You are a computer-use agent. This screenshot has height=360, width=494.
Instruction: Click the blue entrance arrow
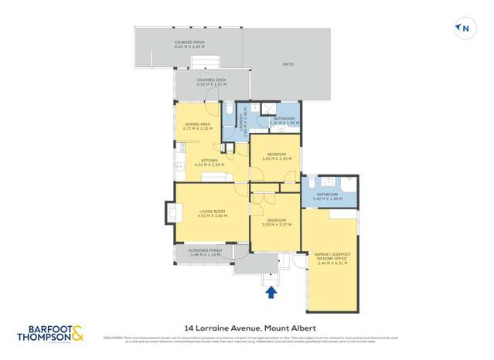pos(271,292)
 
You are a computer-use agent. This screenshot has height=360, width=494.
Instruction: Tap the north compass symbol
pos(465,29)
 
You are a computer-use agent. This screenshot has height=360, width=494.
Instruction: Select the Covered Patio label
pos(189,45)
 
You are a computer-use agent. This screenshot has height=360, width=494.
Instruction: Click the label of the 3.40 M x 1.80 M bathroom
pos(327,196)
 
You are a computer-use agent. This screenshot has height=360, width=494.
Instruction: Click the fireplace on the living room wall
pos(171,211)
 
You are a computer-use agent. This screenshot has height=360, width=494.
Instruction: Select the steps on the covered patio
pos(211,62)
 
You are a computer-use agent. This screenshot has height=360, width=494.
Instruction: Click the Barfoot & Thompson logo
pos(49,334)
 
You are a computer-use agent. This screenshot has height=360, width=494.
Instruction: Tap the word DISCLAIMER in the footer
pos(113,338)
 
